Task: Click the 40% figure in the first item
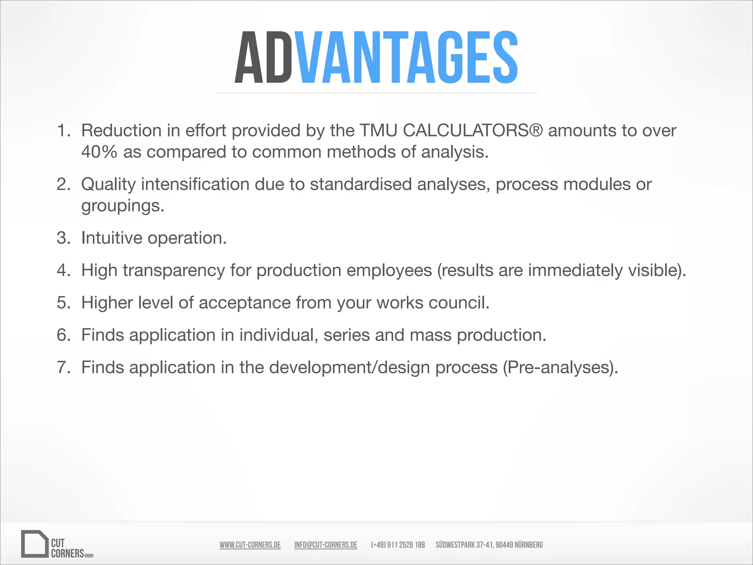pyautogui.click(x=99, y=152)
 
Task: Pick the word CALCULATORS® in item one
pyautogui.click(x=473, y=131)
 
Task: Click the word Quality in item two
pyautogui.click(x=108, y=184)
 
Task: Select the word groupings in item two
pyautogui.click(x=122, y=206)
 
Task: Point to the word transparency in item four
pyautogui.click(x=174, y=270)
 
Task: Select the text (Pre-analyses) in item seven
pyautogui.click(x=560, y=367)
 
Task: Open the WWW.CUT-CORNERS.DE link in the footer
pyautogui.click(x=250, y=545)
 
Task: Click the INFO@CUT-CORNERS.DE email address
pyautogui.click(x=326, y=545)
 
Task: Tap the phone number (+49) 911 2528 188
pyautogui.click(x=398, y=545)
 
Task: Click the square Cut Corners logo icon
pyautogui.click(x=35, y=544)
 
